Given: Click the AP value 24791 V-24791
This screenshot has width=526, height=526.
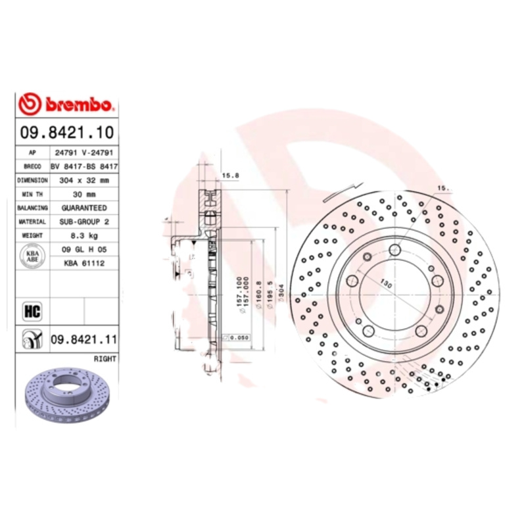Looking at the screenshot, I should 84,152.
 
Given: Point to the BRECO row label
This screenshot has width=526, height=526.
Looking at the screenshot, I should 32,166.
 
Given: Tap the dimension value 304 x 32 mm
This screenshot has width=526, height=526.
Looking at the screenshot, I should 84,180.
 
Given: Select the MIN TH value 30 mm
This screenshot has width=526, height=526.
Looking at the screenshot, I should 84,194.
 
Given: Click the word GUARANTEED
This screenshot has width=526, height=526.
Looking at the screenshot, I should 84,208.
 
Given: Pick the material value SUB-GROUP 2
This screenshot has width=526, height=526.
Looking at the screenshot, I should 84,222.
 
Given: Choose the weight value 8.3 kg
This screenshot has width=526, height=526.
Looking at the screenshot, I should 84,235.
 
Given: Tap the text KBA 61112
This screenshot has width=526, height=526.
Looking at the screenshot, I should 84,263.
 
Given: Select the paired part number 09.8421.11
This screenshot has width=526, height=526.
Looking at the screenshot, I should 84,340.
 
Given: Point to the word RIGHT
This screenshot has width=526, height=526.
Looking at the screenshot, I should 105,359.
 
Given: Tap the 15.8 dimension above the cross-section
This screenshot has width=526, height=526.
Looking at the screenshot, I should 230,176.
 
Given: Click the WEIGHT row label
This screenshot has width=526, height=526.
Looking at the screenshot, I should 32,235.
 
